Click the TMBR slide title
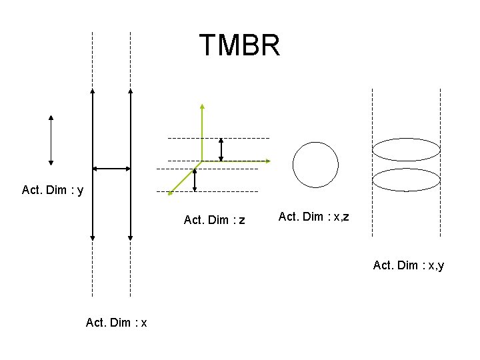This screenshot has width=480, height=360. [x=239, y=45]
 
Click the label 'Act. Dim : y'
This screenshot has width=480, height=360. [x=53, y=191]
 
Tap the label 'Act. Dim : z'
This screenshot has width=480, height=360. [x=214, y=220]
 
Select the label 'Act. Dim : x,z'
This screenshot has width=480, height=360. [x=313, y=216]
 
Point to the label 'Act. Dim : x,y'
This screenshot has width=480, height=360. [x=409, y=265]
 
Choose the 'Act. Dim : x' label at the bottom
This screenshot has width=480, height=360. [x=117, y=323]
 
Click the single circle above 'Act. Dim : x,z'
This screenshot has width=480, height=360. [x=315, y=165]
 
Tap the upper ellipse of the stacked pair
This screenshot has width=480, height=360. [x=406, y=150]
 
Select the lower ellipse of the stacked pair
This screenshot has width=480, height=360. [x=406, y=180]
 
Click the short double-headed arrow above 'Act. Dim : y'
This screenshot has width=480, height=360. [x=51, y=139]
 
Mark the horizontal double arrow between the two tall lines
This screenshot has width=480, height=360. [x=111, y=169]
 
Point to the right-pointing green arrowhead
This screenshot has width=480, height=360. [x=267, y=161]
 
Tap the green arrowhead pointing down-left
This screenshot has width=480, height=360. [x=171, y=193]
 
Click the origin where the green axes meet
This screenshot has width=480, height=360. [x=202, y=161]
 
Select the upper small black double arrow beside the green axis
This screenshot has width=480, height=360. [x=221, y=149]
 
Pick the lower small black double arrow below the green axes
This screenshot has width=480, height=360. [x=195, y=180]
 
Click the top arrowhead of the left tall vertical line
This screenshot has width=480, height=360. [x=93, y=91]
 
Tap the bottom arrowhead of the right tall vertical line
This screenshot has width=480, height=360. [x=131, y=237]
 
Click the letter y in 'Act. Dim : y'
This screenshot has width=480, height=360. [x=81, y=191]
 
